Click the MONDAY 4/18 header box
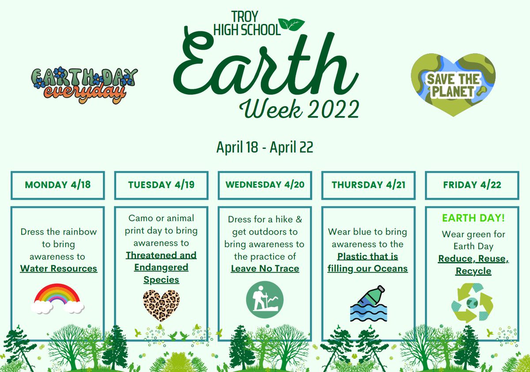(x=57, y=185)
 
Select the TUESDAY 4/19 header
(x=161, y=185)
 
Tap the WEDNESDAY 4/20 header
(x=265, y=185)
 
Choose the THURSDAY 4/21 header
(x=368, y=185)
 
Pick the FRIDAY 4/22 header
(x=472, y=185)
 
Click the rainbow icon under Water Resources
(x=58, y=299)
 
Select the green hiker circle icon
(x=265, y=300)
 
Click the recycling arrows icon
(x=472, y=303)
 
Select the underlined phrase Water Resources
(x=58, y=268)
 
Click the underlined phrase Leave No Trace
(x=265, y=268)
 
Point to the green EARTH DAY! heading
(x=473, y=218)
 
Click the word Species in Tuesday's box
(x=161, y=280)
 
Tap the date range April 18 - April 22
(x=265, y=147)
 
